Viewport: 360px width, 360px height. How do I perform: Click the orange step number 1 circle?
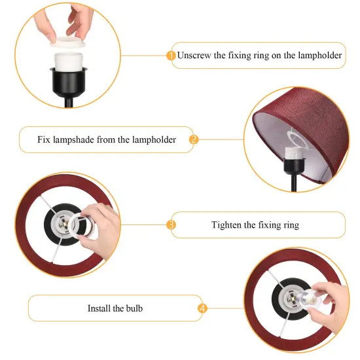point(171,56)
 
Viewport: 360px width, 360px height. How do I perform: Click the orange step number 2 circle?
point(194,139)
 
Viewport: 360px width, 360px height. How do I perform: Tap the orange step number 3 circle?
point(171,225)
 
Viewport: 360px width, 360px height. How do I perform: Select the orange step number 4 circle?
point(202,308)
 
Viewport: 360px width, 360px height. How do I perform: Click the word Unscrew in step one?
point(194,56)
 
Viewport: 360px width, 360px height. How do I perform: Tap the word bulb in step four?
point(134,308)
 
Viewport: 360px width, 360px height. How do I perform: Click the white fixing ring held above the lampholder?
point(67,42)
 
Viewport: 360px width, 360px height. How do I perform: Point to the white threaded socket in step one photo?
point(69,62)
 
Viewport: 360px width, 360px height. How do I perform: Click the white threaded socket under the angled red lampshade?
point(295,153)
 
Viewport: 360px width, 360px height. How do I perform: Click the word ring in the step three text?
point(291,225)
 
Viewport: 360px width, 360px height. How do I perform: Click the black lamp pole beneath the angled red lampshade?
point(294,183)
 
